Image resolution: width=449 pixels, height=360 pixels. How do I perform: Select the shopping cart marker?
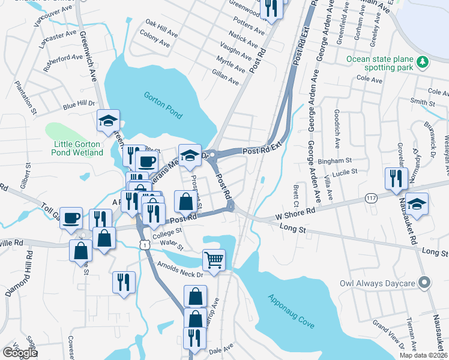[214, 260]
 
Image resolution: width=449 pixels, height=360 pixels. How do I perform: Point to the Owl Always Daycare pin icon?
[425, 282]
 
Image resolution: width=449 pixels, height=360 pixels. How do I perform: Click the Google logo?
[20, 353]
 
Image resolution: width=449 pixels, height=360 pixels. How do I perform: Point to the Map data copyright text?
[423, 355]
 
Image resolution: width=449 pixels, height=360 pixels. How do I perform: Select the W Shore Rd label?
[295, 212]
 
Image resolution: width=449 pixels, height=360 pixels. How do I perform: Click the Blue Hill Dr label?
[79, 104]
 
